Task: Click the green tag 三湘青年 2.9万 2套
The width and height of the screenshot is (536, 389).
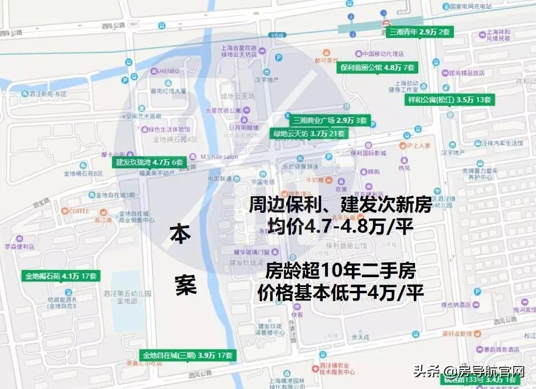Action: point(419,32)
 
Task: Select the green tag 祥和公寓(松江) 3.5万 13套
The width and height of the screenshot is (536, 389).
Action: point(449,99)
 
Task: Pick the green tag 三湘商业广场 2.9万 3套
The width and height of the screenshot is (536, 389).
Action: point(330,121)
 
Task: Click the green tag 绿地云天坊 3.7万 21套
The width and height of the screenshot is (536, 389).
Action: point(309,133)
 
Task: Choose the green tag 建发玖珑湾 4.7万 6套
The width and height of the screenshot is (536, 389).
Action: point(150,162)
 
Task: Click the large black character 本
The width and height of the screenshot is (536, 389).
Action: point(180,235)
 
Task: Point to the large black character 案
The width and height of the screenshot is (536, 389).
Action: point(185,286)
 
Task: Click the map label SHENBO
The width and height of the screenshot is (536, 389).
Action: point(165,71)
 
